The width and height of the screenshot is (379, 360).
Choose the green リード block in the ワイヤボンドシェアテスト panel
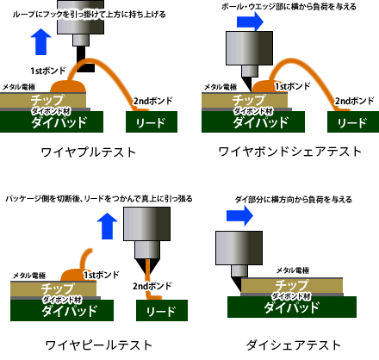tap(351, 122)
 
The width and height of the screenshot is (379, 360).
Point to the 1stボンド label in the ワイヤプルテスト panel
tap(48, 69)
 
